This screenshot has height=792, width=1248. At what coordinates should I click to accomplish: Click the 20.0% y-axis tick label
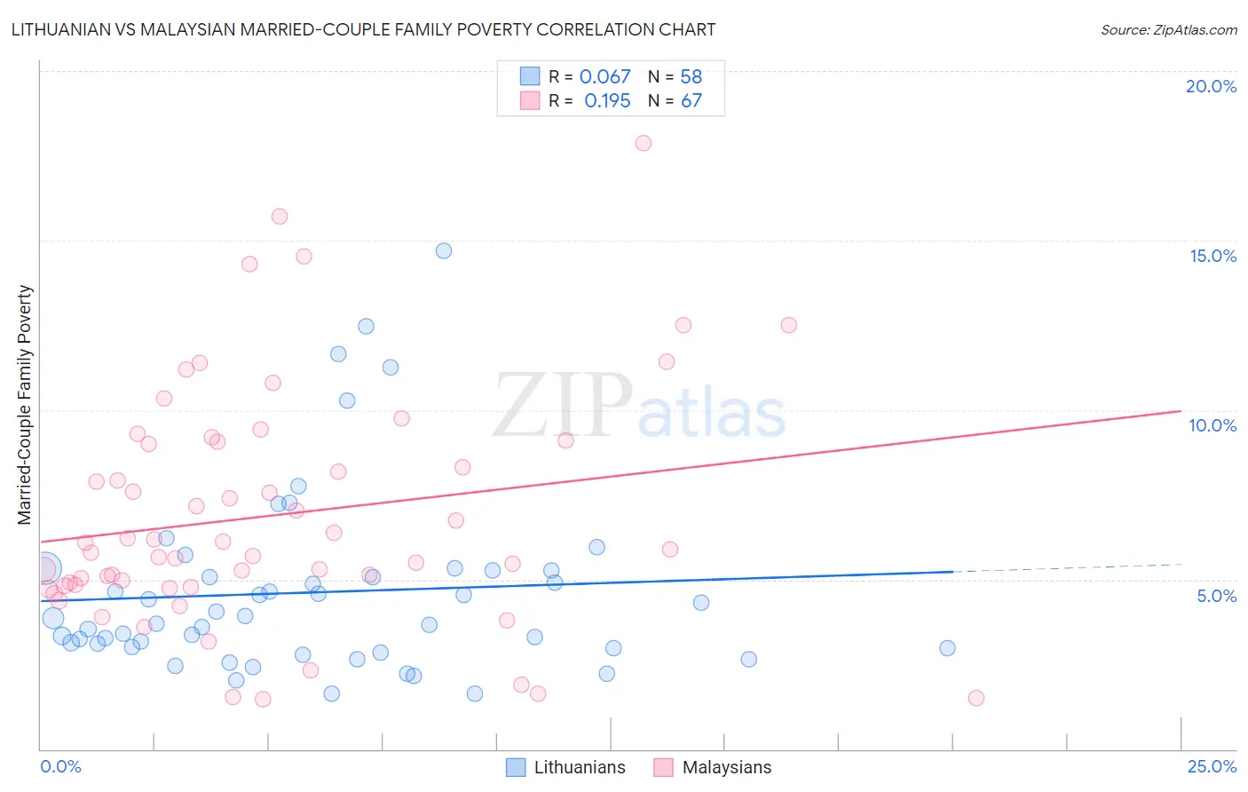point(1211,86)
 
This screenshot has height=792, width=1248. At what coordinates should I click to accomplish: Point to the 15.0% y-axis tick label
point(1212,256)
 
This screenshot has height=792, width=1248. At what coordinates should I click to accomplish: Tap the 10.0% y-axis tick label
point(1212,425)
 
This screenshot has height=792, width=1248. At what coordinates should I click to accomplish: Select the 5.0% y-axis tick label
point(1216,596)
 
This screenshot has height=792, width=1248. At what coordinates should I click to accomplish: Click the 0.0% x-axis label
point(60,766)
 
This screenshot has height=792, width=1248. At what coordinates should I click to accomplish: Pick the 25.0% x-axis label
point(1212,766)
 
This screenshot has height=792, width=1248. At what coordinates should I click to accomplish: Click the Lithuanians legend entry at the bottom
point(579,767)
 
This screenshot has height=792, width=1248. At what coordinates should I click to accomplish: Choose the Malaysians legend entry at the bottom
point(726,767)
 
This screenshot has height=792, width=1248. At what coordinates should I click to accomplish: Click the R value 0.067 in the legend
point(604,77)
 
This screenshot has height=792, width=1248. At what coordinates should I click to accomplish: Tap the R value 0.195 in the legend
point(607,101)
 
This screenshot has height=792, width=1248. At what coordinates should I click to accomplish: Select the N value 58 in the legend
point(691,77)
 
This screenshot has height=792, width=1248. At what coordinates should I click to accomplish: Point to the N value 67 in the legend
point(691,101)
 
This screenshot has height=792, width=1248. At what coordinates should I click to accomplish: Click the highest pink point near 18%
point(644,143)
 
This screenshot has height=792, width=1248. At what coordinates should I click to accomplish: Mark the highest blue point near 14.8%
point(444,250)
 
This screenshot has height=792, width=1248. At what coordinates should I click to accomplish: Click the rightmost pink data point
point(976,698)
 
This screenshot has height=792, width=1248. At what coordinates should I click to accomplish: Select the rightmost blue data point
point(947,648)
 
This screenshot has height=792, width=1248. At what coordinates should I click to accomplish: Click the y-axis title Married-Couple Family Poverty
point(25,404)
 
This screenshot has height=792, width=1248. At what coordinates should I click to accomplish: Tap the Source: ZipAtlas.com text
point(1168,30)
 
